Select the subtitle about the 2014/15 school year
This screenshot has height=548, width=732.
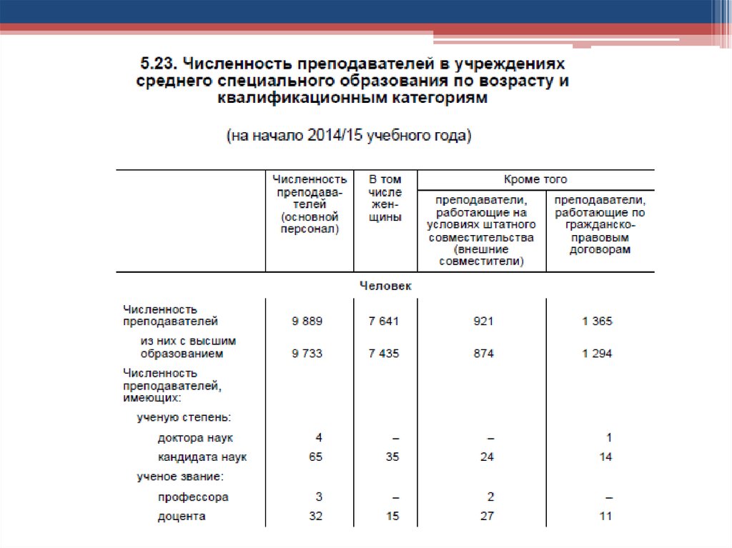coord(349,136)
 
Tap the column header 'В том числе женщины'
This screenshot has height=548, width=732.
coord(385,198)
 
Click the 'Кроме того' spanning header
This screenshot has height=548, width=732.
coord(535,179)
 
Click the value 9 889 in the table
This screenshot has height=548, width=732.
coord(307,322)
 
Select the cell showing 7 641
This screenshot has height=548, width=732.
coord(384,322)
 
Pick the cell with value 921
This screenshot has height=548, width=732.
coord(483,322)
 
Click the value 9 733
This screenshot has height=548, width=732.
coord(307,353)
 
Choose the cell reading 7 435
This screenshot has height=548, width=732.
coord(384,353)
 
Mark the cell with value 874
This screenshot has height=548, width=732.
coord(483,353)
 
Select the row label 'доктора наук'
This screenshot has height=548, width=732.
coord(195,437)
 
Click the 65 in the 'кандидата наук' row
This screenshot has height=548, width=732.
coord(315,457)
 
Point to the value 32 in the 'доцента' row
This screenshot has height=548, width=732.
coord(315,516)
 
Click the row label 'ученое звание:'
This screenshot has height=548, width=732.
coord(181,477)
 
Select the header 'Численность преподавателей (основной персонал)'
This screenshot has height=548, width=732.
coord(309,204)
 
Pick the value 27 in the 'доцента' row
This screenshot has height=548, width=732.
coord(487,516)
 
